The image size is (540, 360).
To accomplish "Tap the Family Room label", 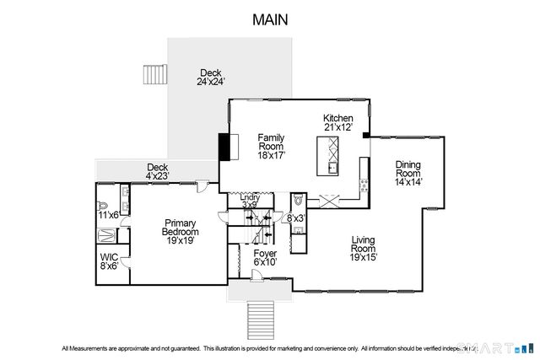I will click(271, 146).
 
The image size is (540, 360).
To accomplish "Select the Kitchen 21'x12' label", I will click(337, 122).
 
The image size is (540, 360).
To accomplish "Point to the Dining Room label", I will click(408, 173).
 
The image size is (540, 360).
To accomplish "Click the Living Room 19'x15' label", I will click(364, 249).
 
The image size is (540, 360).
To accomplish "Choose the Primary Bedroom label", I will click(181, 231).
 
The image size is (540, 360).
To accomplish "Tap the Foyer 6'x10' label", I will click(266, 257).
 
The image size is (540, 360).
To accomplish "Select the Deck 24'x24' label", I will click(210, 78).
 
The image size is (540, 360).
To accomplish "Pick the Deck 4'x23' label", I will click(158, 171).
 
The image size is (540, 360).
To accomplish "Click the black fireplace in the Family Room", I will click(224, 146).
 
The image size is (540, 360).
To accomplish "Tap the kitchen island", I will click(330, 155).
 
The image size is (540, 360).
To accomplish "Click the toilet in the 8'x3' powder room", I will click(299, 201).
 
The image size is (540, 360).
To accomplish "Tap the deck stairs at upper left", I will click(154, 73).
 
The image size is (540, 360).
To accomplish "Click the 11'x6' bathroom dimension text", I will click(107, 216).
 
